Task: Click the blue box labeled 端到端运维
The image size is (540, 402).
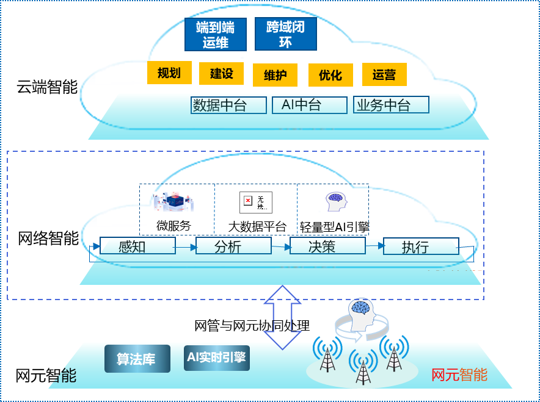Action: (x=216, y=34)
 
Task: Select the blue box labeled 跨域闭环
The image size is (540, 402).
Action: (x=285, y=34)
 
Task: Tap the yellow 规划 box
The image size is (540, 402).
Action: (x=169, y=73)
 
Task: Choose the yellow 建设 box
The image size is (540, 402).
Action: (x=222, y=74)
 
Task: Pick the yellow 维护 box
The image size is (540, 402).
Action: (x=275, y=76)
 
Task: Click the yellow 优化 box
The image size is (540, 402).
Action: (x=330, y=75)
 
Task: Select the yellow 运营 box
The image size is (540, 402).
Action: (x=384, y=74)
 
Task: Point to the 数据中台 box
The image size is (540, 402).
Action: (x=228, y=105)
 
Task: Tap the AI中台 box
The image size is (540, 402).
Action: (x=309, y=104)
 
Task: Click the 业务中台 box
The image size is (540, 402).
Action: (x=391, y=104)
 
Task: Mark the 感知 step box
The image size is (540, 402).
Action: (x=137, y=246)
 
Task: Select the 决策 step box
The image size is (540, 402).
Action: (x=327, y=246)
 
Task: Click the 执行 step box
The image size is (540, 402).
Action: (x=421, y=246)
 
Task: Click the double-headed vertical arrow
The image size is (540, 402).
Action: (x=282, y=318)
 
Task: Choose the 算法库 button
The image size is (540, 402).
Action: (x=136, y=359)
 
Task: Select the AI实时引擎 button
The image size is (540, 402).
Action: (x=216, y=358)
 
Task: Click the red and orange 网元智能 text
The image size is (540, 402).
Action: (x=459, y=374)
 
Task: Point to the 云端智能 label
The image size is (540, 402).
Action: (x=47, y=87)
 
